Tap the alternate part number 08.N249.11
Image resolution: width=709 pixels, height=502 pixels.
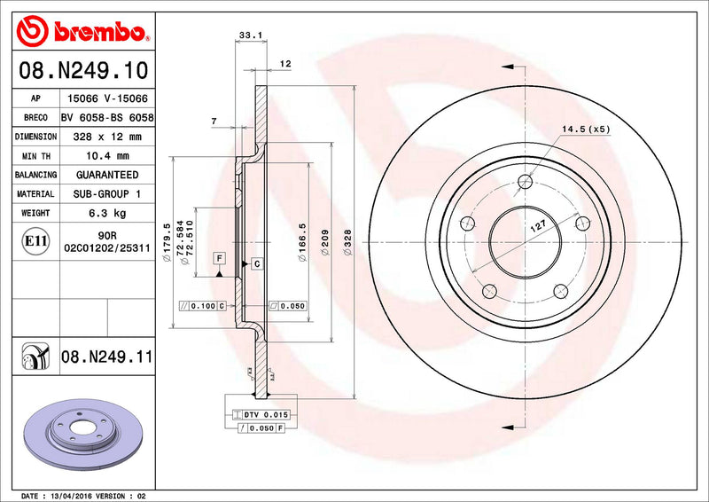pyautogui.click(x=107, y=357)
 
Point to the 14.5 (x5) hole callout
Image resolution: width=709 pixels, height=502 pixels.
pyautogui.click(x=586, y=129)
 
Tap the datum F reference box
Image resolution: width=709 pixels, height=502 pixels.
pyautogui.click(x=218, y=258)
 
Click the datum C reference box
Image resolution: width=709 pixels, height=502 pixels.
pyautogui.click(x=256, y=263)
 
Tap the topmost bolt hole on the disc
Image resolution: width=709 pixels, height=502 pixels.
pyautogui.click(x=526, y=182)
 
